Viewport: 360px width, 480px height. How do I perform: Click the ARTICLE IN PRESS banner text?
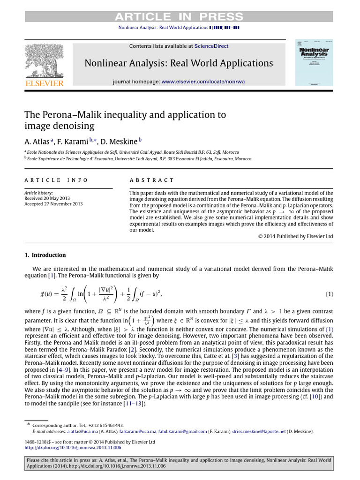click(180, 17)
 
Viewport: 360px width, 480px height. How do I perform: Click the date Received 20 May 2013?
click(46, 198)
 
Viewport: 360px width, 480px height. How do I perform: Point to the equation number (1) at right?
click(330, 294)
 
